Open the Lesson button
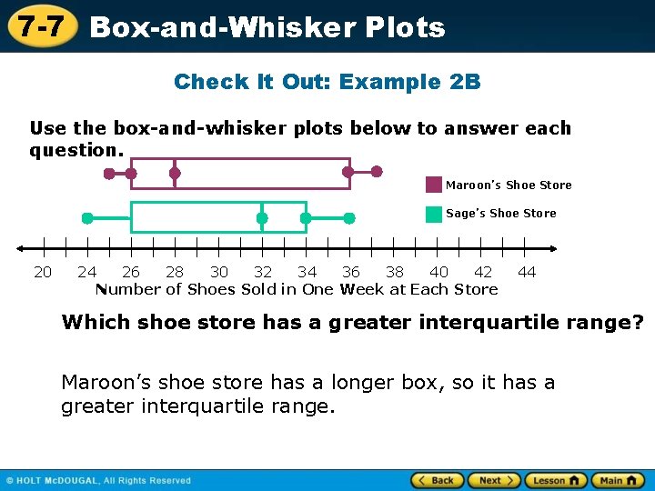click(x=553, y=480)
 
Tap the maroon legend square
click(x=434, y=185)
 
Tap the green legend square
click(x=434, y=214)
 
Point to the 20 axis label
click(x=43, y=272)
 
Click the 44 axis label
click(x=527, y=272)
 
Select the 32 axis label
click(x=263, y=272)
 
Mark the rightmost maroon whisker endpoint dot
click(x=378, y=171)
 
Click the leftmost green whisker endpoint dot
click(x=87, y=218)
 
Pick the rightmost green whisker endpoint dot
click(x=349, y=218)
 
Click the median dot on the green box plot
click(x=262, y=218)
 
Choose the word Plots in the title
click(x=405, y=27)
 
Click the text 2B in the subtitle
click(x=465, y=82)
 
